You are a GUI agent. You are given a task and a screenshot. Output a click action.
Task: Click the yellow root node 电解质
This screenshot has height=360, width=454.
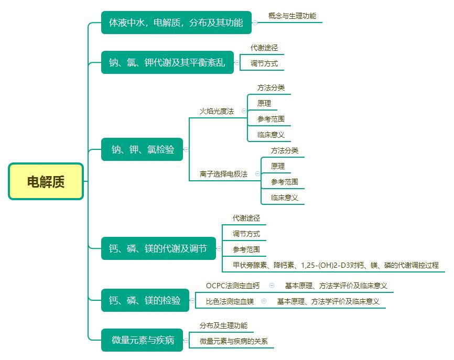coord(46,181)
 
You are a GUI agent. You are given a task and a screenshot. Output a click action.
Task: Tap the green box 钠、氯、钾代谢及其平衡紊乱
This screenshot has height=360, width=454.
coord(167,63)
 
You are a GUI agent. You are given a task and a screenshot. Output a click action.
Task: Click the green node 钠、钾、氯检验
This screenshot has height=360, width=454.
coord(143,149)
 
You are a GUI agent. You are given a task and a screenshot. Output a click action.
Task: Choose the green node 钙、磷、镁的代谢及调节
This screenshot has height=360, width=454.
coord(158,248)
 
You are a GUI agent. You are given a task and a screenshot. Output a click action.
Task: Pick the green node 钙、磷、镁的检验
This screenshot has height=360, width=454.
coord(145,300)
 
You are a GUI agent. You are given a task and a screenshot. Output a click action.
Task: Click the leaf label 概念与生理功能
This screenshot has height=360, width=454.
coord(292,16)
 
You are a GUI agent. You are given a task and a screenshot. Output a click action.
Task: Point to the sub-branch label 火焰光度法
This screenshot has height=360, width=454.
coord(217,111)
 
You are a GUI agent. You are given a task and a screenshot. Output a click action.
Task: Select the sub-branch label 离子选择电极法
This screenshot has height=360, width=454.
coord(223,174)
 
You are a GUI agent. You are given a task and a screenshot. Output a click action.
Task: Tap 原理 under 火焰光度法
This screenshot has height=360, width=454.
coord(264,104)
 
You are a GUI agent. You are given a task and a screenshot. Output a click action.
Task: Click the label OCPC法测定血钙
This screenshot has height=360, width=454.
coord(233,286)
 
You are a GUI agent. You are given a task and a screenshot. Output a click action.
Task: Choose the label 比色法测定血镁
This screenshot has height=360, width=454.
coord(230,302)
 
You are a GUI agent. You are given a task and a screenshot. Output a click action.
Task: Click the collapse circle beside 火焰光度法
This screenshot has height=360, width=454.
coord(244,111)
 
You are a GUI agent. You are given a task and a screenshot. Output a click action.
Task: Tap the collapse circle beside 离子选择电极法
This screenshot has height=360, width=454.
coord(257,174)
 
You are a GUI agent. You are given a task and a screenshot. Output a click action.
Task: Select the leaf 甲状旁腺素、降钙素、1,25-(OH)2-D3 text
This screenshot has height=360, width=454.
coord(336,266)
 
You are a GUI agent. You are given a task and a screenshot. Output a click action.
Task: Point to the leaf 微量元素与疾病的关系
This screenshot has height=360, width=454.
coord(233,342)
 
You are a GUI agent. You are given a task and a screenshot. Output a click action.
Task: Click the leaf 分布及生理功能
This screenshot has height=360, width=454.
coord(223,326)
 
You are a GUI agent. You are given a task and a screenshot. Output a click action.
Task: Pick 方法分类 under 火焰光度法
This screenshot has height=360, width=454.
coord(271,88)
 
